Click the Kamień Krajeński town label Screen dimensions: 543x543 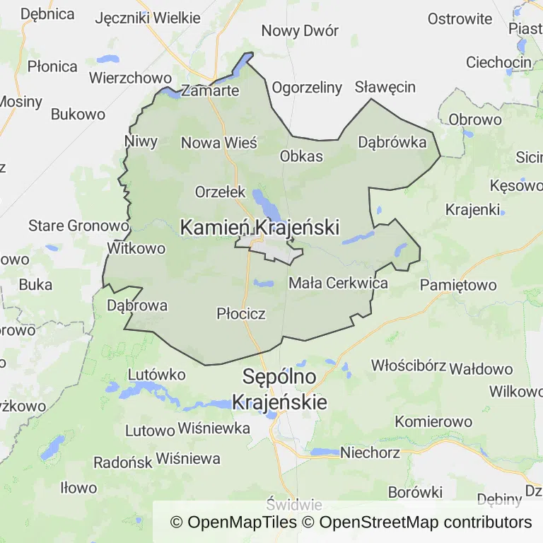(259, 228)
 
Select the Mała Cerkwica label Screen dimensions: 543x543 (339, 284)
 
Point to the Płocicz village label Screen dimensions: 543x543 (241, 313)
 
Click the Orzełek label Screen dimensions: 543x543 (220, 192)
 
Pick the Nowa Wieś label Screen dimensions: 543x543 (219, 143)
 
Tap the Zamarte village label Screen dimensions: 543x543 (210, 90)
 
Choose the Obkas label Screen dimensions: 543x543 (301, 156)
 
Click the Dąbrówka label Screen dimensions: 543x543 (392, 142)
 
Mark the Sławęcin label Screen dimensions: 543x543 (385, 87)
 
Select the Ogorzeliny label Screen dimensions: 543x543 (307, 88)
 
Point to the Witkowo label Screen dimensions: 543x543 (136, 248)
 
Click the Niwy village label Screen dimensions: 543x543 (141, 141)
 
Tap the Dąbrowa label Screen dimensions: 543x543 (137, 305)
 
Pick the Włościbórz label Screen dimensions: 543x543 (409, 366)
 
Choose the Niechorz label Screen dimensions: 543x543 (370, 452)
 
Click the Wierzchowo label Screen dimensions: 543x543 (130, 77)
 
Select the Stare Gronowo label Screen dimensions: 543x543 (78, 226)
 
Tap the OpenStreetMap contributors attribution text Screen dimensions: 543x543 (425, 522)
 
